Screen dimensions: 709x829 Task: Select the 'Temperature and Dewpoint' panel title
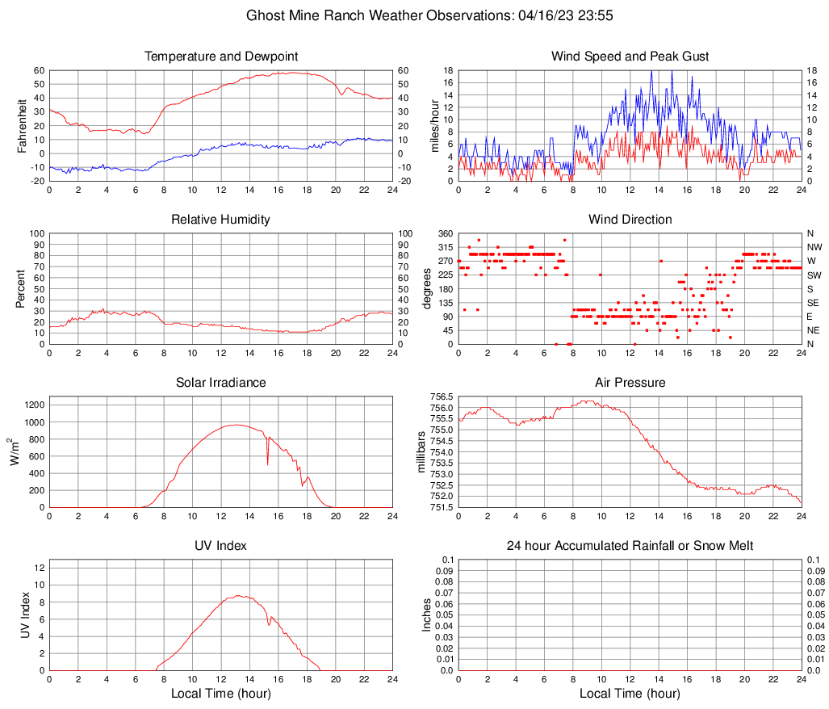tap(221, 57)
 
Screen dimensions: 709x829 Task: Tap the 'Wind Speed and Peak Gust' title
tap(630, 57)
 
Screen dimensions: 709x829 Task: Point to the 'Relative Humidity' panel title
tap(221, 220)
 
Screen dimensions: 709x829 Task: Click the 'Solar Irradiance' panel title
tap(221, 383)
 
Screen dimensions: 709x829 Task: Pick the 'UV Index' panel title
tap(221, 546)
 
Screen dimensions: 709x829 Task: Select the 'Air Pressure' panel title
tap(630, 383)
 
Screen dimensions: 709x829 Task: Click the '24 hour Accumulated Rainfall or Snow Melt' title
tap(630, 546)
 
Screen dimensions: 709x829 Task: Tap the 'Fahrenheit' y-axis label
tap(22, 125)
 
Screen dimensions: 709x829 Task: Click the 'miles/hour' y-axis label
tap(435, 125)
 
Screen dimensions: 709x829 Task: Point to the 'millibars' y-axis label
tap(421, 452)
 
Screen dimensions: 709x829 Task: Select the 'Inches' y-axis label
tap(427, 615)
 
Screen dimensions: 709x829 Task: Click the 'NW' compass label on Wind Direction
tap(815, 247)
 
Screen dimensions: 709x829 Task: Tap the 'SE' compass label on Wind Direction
tap(814, 303)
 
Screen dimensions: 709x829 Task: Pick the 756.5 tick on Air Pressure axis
tap(441, 397)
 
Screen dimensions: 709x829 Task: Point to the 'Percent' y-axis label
tap(22, 288)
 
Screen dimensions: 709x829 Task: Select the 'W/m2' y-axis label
tap(15, 452)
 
